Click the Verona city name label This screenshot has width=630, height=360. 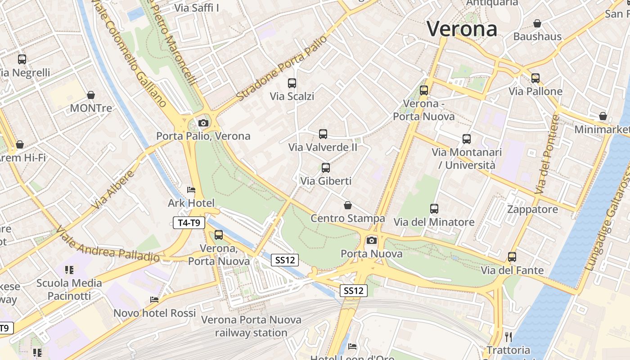click(462, 29)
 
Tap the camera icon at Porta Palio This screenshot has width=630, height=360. click(203, 123)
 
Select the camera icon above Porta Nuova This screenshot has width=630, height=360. click(372, 240)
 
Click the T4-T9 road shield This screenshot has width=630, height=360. click(189, 222)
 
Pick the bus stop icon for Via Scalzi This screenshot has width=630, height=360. click(292, 83)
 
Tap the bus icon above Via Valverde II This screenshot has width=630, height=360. click(323, 134)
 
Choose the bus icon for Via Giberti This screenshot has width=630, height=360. click(326, 168)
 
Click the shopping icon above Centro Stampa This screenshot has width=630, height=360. click(348, 206)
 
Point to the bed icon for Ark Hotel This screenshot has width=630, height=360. click(191, 190)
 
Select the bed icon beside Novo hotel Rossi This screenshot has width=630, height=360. click(154, 300)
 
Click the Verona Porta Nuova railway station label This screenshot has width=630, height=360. click(251, 326)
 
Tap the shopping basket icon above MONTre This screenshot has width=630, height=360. click(91, 95)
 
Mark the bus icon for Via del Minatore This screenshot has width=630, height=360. click(434, 209)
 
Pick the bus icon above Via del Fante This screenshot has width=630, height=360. click(512, 257)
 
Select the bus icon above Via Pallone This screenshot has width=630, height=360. click(535, 78)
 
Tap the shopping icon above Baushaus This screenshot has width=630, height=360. click(537, 23)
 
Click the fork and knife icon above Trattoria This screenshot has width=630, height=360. click(508, 337)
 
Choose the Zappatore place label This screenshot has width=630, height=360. click(532, 209)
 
